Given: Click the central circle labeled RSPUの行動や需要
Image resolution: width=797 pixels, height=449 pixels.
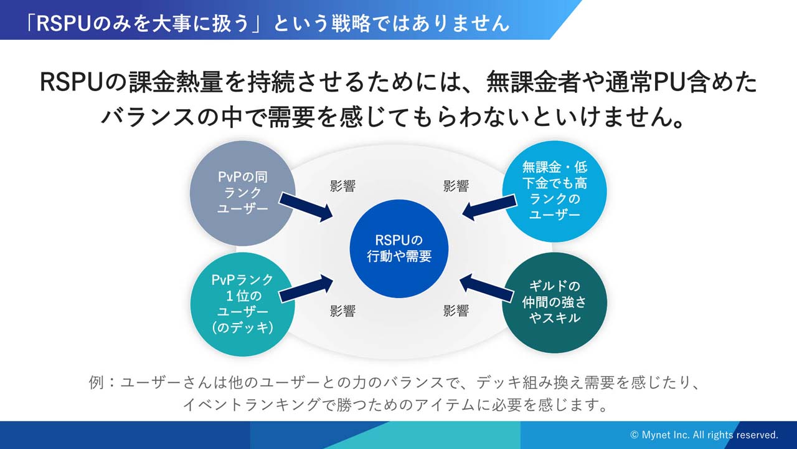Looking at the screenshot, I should point(399,248).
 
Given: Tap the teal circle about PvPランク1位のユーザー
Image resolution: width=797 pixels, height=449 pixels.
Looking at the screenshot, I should point(243,304).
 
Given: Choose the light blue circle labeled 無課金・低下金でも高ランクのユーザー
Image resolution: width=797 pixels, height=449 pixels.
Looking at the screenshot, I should point(554,191).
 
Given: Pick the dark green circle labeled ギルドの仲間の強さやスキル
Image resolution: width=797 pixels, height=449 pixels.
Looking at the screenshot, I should point(554,302).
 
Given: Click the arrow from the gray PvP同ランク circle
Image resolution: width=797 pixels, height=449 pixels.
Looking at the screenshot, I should point(305,206).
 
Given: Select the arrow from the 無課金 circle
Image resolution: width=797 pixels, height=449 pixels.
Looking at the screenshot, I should point(489,207).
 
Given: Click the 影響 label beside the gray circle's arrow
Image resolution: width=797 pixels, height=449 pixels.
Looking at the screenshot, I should point(342,186).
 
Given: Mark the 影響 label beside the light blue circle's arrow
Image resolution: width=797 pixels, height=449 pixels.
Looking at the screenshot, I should point(456,186).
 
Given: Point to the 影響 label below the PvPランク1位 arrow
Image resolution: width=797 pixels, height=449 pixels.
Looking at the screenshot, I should point(342,311).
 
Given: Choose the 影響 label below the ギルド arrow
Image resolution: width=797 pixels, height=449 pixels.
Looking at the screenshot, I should point(456,311).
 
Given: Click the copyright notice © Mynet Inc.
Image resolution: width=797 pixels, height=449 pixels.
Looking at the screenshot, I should point(704,435).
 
